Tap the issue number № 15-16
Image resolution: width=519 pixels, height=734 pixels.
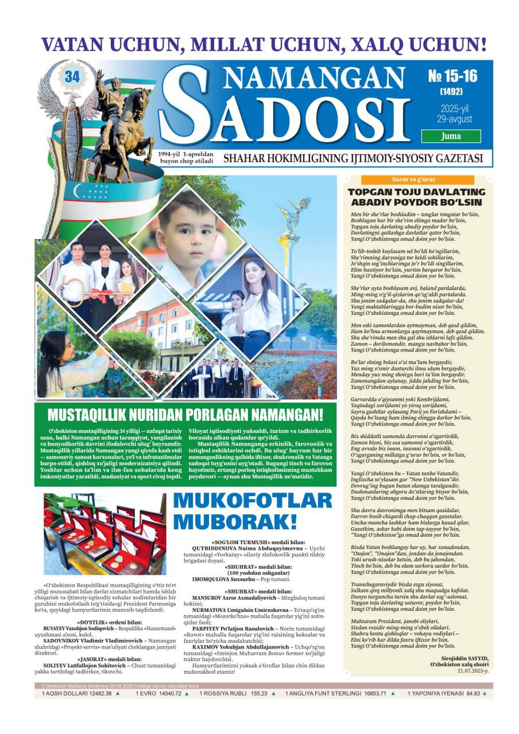452,76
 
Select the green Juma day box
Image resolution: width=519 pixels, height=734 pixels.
451,136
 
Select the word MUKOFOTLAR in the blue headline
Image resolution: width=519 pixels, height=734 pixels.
252,501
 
